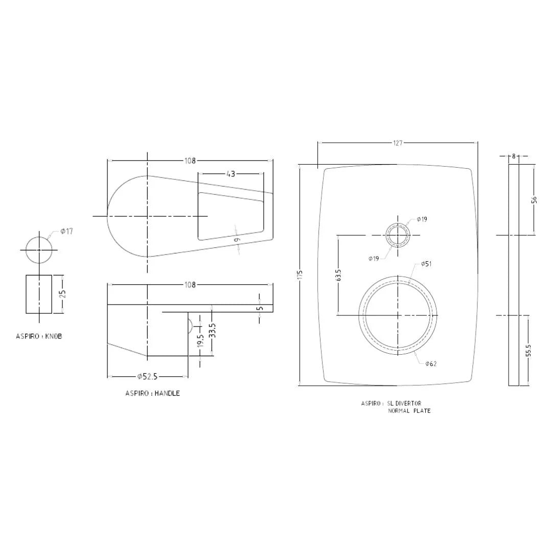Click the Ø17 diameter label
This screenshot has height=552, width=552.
pos(66,232)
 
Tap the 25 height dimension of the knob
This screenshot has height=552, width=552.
pos(63,294)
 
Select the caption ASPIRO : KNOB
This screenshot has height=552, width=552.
pos(39,337)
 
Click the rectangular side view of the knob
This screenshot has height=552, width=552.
pos(39,294)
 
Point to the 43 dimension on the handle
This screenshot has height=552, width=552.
pos(231,174)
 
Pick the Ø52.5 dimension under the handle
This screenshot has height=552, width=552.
pos(147,377)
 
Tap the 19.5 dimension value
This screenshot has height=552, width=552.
pos(200,341)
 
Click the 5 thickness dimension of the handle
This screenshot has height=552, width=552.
pos(260,308)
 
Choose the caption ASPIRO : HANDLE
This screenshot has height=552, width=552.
pos(152,394)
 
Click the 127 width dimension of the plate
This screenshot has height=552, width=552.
pos(398,143)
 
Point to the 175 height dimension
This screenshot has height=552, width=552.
pos(300,274)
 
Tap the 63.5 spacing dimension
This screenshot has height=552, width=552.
pos(338,275)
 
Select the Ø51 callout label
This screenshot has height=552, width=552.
pos(426,264)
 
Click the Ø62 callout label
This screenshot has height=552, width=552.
pos(430,364)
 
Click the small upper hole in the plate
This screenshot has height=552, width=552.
pos(397,236)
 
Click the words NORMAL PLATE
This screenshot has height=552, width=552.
pos(409,411)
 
